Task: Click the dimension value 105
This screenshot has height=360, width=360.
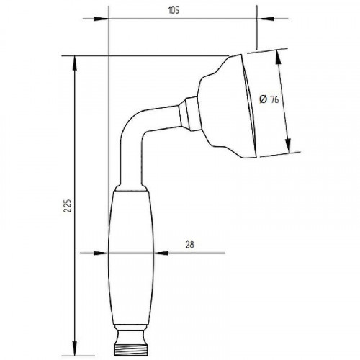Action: tap(174, 11)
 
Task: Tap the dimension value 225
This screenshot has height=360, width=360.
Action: tap(68, 205)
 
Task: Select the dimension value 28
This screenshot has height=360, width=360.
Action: tap(189, 245)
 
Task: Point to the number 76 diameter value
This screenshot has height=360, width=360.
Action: tap(274, 99)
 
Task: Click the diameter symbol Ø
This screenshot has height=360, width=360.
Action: tap(263, 99)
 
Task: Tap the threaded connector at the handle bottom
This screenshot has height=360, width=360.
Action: tap(131, 350)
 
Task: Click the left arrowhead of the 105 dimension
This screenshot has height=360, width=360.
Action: tap(101, 19)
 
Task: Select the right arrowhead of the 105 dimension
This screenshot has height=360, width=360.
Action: tap(265, 19)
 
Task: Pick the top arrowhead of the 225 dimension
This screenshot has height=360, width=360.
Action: tap(74, 63)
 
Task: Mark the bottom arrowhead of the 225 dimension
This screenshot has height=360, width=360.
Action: tap(74, 348)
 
